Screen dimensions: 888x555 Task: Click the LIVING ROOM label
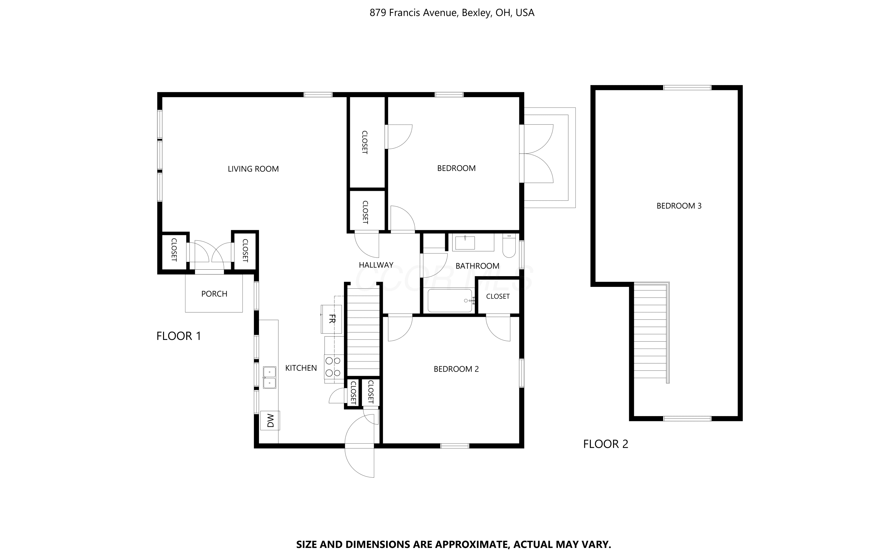tap(253, 169)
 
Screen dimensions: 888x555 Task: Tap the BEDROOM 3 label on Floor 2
tap(679, 206)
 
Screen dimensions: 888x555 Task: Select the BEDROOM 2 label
tap(456, 369)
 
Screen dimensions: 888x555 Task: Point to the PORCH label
tap(214, 294)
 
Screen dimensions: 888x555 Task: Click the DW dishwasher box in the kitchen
tap(270, 420)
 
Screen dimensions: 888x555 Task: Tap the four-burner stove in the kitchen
tap(334, 366)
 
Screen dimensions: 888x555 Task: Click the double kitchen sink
tap(269, 377)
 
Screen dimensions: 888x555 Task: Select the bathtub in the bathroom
tap(450, 301)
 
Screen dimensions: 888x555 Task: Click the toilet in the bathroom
tap(509, 246)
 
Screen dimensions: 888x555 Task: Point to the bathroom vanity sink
tap(465, 243)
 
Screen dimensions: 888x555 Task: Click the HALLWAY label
tap(376, 265)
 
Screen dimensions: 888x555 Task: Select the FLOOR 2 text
tap(606, 444)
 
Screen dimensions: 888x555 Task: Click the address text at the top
tap(452, 13)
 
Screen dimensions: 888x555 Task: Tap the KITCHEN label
tap(301, 368)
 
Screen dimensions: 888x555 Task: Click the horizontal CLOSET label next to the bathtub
tap(498, 297)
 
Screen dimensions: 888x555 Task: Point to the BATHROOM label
tap(477, 266)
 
